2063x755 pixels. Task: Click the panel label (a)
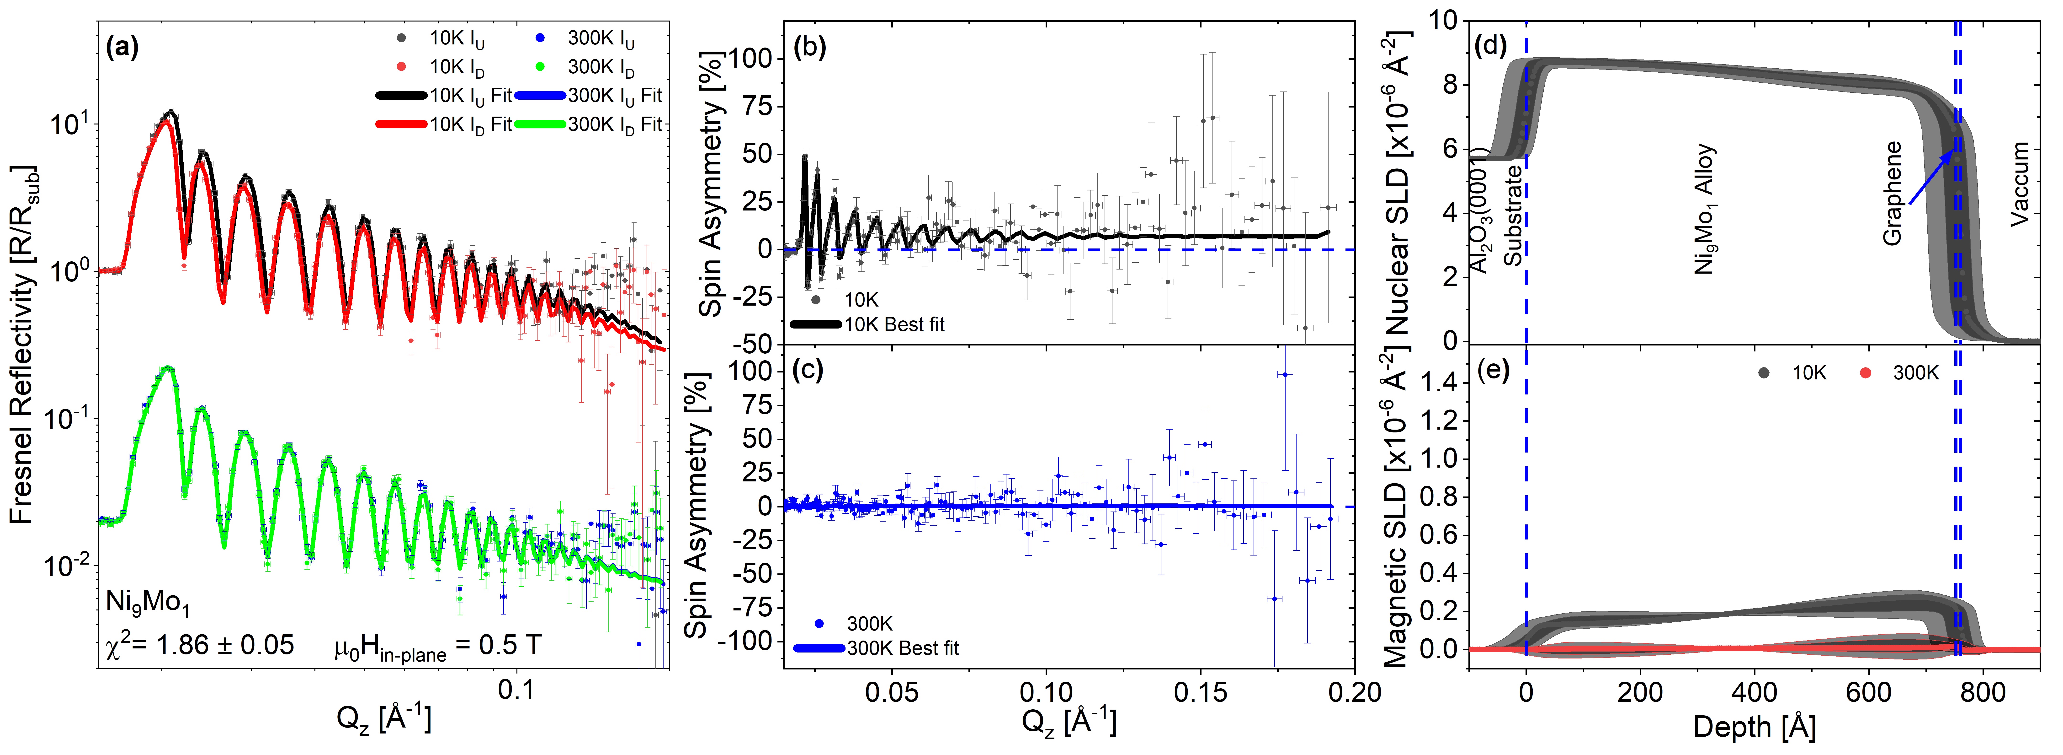tap(122, 48)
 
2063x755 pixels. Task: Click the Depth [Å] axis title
tap(1754, 728)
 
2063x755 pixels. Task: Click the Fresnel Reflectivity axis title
tap(22, 345)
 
